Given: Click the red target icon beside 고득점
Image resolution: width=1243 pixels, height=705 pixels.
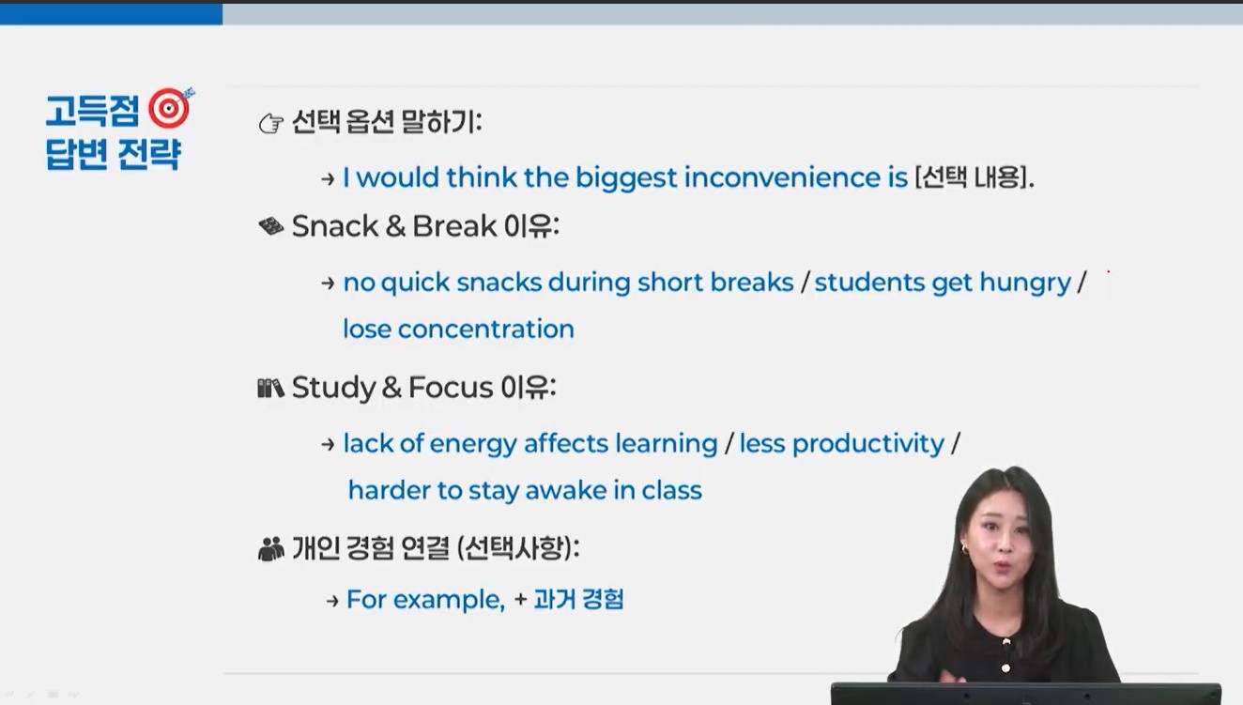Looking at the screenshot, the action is (170, 108).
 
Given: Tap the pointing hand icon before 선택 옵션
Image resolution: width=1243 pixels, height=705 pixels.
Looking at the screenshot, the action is (270, 123).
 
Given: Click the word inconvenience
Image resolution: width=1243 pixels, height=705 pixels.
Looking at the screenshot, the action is (782, 177).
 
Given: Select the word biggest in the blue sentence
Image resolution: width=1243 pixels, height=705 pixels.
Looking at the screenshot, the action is (626, 178).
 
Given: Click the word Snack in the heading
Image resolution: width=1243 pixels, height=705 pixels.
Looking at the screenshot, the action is (334, 225).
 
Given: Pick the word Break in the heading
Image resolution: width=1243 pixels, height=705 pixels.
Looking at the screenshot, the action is (454, 225).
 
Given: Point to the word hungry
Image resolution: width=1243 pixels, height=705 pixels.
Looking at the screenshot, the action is (1025, 283).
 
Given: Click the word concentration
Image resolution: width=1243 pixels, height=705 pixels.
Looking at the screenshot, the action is (485, 329).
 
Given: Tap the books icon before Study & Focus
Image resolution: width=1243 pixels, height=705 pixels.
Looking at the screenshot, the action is (270, 389).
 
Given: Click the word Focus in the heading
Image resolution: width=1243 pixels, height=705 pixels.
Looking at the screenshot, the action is (451, 387).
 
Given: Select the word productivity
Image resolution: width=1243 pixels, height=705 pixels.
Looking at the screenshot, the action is (867, 444).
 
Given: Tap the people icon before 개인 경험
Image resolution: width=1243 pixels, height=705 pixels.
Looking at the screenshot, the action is (270, 549).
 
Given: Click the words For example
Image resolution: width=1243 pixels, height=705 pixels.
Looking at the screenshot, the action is (425, 600).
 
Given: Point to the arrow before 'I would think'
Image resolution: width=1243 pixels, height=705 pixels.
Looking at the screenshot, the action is (328, 179).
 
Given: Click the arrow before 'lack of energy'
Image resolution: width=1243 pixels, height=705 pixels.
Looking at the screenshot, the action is (328, 444).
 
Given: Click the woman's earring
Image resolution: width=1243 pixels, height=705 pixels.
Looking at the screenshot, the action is (964, 549).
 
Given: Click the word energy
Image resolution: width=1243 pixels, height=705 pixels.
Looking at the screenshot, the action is (473, 445).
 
